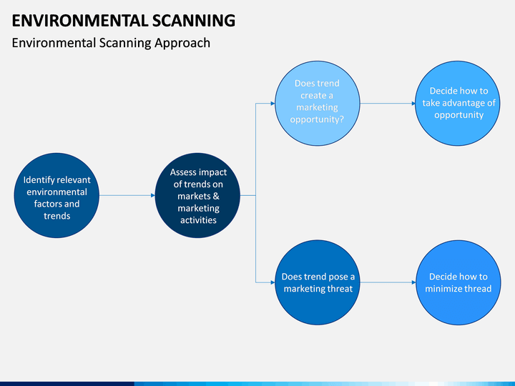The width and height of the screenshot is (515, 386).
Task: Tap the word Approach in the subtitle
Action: (184, 43)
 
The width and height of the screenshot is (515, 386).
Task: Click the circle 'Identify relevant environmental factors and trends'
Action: (57, 195)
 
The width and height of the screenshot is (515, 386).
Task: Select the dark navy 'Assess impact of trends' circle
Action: (197, 195)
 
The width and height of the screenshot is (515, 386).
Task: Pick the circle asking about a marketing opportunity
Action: (317, 104)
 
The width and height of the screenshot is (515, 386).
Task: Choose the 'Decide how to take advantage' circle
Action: (458, 104)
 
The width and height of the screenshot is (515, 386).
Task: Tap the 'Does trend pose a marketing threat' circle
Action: (317, 282)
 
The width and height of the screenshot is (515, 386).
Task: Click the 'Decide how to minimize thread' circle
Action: (458, 282)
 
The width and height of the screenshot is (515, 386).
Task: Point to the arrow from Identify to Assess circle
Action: (127, 195)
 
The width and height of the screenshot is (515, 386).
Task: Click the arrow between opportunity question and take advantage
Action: (387, 104)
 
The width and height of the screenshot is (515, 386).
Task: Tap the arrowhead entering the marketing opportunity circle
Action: (273, 104)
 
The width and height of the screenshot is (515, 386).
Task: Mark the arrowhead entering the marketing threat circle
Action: (273, 282)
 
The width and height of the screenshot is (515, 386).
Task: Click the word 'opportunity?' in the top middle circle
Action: (317, 119)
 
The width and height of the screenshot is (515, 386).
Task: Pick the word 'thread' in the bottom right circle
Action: (477, 289)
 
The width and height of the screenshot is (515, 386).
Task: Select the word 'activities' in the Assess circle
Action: (198, 220)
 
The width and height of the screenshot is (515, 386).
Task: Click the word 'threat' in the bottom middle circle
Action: (338, 289)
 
